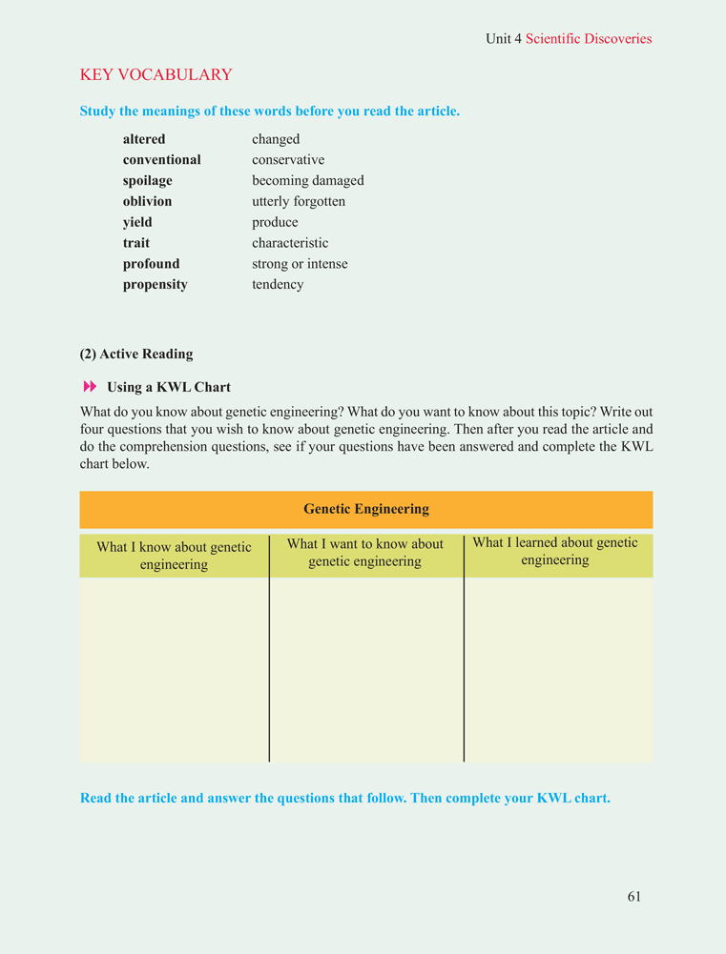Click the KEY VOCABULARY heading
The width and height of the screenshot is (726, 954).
tap(156, 74)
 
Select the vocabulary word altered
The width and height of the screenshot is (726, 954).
tap(144, 139)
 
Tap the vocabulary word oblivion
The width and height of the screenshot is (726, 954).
tap(147, 202)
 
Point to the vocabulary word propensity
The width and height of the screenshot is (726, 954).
tap(155, 285)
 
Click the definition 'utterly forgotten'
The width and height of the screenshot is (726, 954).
tap(299, 202)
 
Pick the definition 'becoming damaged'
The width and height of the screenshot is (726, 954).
tap(307, 181)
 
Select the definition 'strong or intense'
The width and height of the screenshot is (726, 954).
tap(300, 264)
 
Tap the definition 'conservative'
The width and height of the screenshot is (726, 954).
tap(288, 160)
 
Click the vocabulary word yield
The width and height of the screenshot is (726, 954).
tap(137, 223)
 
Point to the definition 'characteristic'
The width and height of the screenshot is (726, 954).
tap(290, 243)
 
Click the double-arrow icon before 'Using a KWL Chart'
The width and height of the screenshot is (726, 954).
tap(91, 387)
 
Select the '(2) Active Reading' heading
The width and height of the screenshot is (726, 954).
tap(136, 355)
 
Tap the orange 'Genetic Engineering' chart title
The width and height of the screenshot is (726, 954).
tap(366, 509)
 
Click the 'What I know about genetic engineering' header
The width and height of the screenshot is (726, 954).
tap(174, 556)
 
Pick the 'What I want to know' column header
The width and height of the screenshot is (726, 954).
tap(365, 553)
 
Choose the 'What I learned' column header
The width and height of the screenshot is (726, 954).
tap(555, 551)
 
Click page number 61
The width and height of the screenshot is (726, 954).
tap(634, 896)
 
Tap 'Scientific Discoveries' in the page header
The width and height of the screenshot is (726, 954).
tap(589, 39)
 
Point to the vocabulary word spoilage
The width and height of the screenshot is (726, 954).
tap(148, 181)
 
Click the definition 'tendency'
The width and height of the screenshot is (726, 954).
tap(278, 285)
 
